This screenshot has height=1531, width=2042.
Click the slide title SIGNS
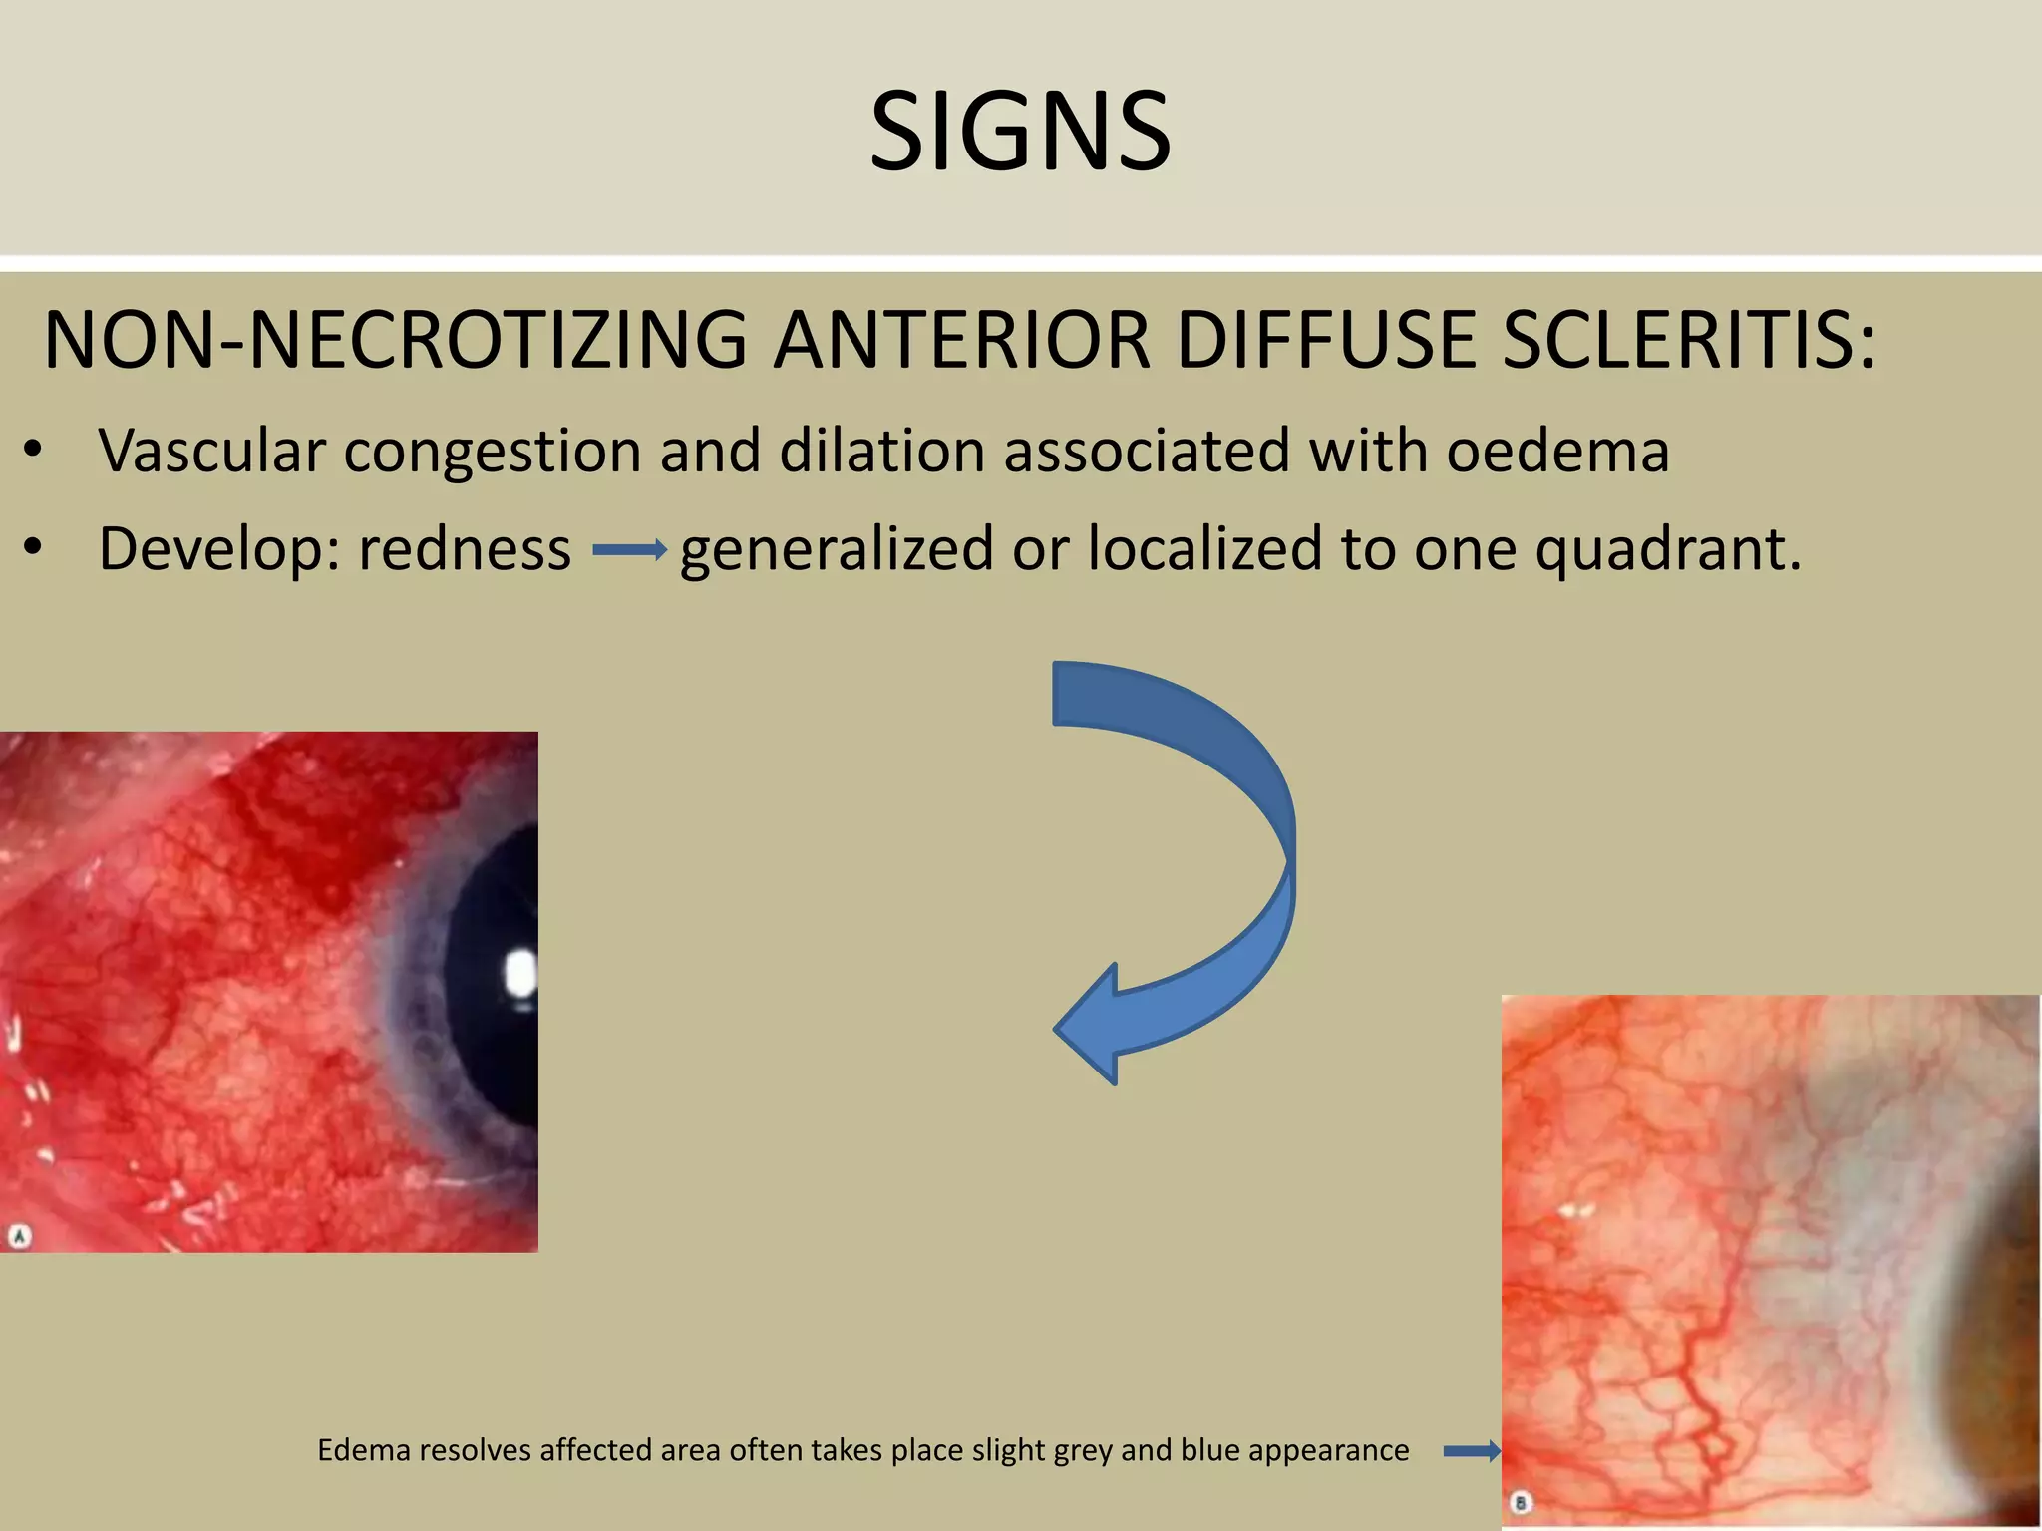(1020, 132)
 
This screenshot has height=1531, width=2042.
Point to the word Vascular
(211, 451)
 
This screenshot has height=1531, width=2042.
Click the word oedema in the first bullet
(1557, 451)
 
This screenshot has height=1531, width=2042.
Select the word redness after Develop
(465, 549)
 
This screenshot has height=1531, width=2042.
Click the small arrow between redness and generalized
(629, 550)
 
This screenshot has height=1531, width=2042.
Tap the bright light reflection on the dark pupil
(520, 973)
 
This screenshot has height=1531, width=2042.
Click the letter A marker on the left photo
(19, 1237)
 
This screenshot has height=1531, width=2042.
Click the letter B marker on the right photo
(1521, 1502)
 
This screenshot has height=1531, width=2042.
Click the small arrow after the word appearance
(1472, 1452)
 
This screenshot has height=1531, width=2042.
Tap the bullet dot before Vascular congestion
(33, 451)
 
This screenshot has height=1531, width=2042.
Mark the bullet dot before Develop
(33, 549)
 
